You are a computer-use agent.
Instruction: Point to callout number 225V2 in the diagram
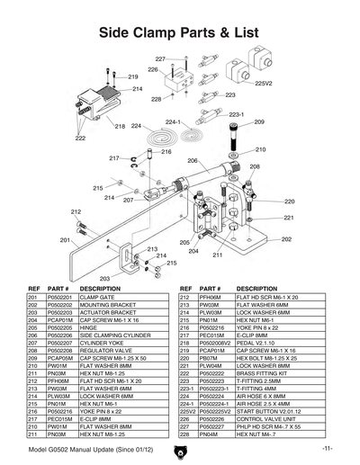264,83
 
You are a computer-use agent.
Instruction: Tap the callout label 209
259,122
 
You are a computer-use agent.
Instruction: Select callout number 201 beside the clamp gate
65,240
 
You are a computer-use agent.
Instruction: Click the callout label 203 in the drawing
104,279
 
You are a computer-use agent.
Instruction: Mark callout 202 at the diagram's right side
286,239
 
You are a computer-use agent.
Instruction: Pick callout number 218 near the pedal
120,127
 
